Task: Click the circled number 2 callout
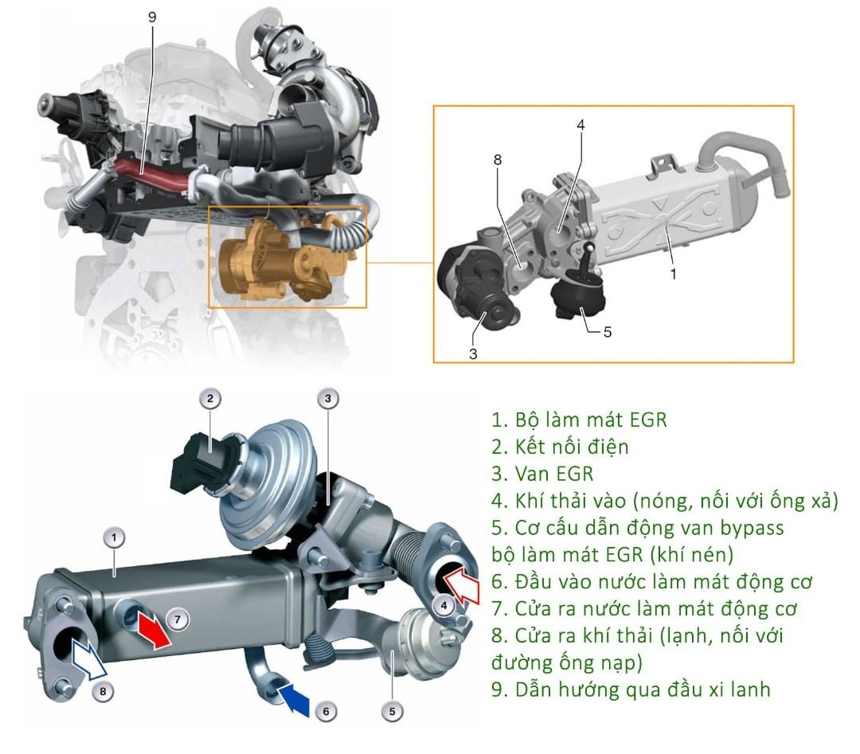[209, 399]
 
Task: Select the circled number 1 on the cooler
[115, 539]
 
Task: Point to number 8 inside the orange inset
[497, 160]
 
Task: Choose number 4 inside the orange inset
[580, 125]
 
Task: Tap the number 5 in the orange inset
[608, 331]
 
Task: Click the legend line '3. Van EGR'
[542, 474]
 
